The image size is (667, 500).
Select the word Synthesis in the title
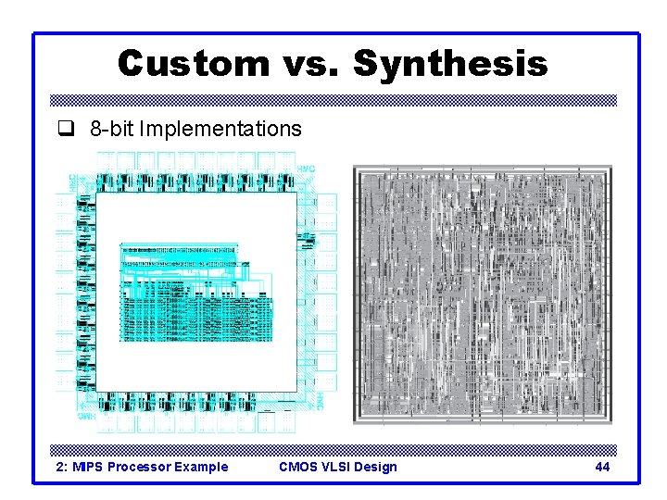pyautogui.click(x=450, y=64)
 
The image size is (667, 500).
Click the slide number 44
pyautogui.click(x=602, y=467)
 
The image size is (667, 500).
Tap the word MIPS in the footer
pyautogui.click(x=88, y=467)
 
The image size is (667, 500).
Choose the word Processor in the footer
pyautogui.click(x=141, y=467)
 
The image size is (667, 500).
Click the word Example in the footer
pyautogui.click(x=202, y=467)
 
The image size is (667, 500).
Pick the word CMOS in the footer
pyautogui.click(x=297, y=467)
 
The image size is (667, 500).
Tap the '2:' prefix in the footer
pyautogui.click(x=63, y=467)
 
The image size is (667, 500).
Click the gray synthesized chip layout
pyautogui.click(x=483, y=295)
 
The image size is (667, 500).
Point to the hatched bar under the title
pyautogui.click(x=333, y=100)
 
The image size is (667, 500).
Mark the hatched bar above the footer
pyautogui.click(x=333, y=450)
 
